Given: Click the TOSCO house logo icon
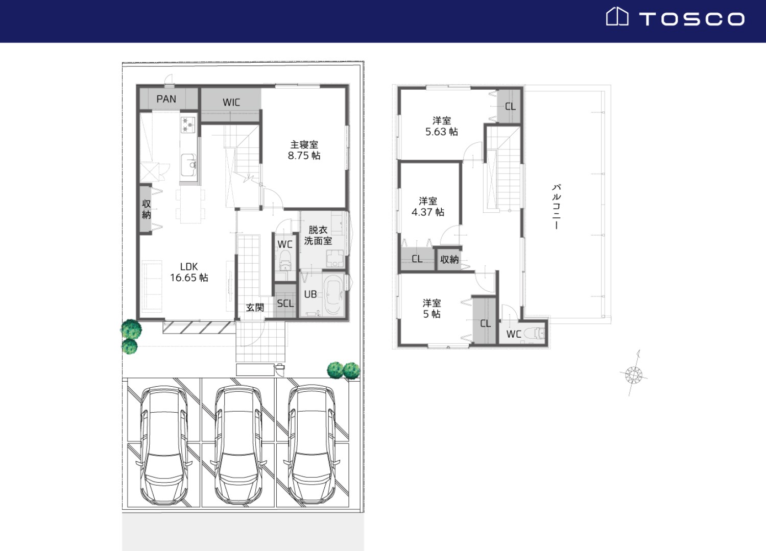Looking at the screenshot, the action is click(617, 16).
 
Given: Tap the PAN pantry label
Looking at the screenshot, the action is click(166, 99).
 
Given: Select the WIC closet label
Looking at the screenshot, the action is click(231, 102).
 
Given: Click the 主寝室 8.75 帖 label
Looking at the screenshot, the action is click(304, 151).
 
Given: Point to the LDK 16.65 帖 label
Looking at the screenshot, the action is click(189, 272).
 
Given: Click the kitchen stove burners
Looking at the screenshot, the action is click(188, 124).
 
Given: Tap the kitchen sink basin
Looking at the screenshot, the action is click(188, 165).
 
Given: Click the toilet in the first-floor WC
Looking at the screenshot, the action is click(285, 260).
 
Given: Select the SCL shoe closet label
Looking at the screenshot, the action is click(285, 304).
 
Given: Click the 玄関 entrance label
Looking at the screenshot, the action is click(255, 308).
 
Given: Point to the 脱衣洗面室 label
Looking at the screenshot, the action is click(318, 235).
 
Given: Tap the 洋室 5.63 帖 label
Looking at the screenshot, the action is click(442, 126).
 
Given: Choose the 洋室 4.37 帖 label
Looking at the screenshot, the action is click(428, 206).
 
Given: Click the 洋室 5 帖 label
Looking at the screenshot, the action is click(432, 309).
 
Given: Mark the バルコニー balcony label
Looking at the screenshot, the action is click(557, 206).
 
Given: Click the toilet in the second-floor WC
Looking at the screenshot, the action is click(535, 333).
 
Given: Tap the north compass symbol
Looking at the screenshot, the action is click(634, 374).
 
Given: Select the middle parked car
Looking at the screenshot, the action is click(238, 445).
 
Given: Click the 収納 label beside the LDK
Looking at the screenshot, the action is click(147, 209).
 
